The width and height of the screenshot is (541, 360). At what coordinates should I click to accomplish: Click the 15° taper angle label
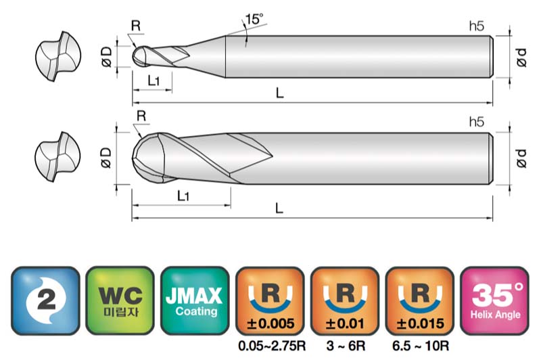[x=254, y=19]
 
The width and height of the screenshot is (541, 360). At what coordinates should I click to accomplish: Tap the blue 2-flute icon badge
[x=45, y=300]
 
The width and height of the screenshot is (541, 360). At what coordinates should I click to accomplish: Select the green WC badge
[x=120, y=300]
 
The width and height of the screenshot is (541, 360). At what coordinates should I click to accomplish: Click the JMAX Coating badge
[x=195, y=300]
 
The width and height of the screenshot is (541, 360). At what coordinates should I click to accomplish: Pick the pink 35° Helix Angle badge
[x=494, y=300]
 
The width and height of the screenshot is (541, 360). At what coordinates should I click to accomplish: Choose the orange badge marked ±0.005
[x=270, y=300]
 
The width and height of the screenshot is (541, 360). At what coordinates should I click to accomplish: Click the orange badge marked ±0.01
[x=345, y=300]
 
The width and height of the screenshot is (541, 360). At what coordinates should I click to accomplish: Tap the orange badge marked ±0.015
[x=420, y=300]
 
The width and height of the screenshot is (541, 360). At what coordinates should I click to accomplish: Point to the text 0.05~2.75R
[x=272, y=346]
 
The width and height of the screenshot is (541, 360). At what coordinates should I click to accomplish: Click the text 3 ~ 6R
[x=346, y=346]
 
